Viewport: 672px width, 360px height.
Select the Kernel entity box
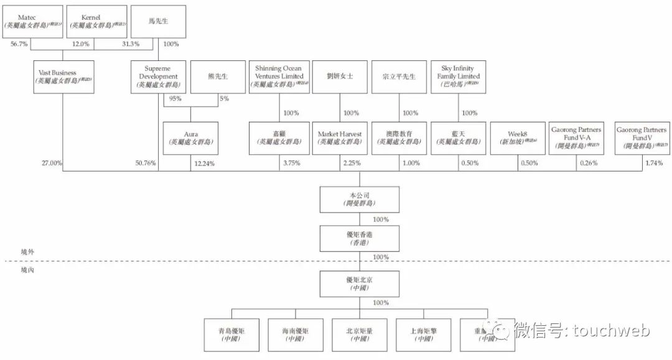click(x=91, y=22)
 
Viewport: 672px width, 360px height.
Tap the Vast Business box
click(x=63, y=76)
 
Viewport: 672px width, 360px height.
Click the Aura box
click(x=190, y=138)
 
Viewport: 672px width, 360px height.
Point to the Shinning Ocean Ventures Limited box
click(x=279, y=76)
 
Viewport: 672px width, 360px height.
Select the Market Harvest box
click(x=340, y=138)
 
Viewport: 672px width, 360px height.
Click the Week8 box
click(x=518, y=138)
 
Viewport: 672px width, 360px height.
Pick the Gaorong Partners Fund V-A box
click(x=576, y=138)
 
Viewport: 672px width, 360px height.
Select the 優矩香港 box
click(x=351, y=238)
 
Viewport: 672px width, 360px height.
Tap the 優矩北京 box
click(x=351, y=284)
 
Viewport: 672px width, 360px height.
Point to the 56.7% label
click(x=19, y=44)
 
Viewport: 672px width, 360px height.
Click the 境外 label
click(x=27, y=252)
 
